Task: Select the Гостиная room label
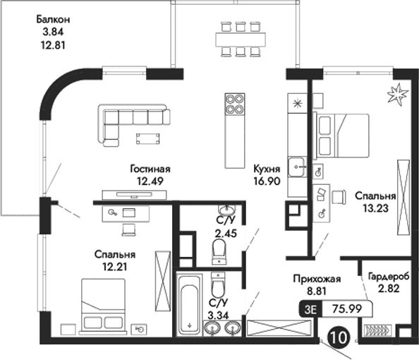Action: (150, 169)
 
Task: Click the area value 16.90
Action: (268, 181)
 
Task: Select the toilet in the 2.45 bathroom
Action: (219, 248)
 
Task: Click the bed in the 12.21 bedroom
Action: (104, 304)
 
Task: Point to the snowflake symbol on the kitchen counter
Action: (297, 104)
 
